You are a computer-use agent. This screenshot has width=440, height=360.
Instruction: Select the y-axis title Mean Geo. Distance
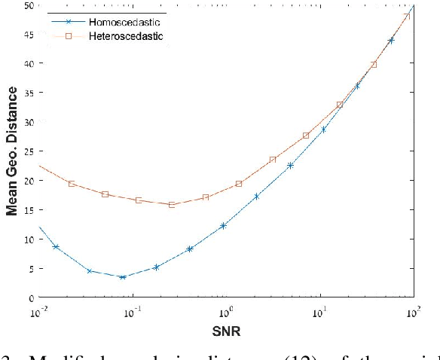12,151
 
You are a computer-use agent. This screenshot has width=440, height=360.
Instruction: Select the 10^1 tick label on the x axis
319,310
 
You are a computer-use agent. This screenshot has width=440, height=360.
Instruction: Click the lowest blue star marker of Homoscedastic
122,277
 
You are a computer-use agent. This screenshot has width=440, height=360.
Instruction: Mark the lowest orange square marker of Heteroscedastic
172,205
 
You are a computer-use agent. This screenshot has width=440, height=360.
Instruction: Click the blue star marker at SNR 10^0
223,225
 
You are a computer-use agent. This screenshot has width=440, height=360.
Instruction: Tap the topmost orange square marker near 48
407,17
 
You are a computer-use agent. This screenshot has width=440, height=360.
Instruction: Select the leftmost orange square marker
72,184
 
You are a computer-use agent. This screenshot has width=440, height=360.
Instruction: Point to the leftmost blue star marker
56,246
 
